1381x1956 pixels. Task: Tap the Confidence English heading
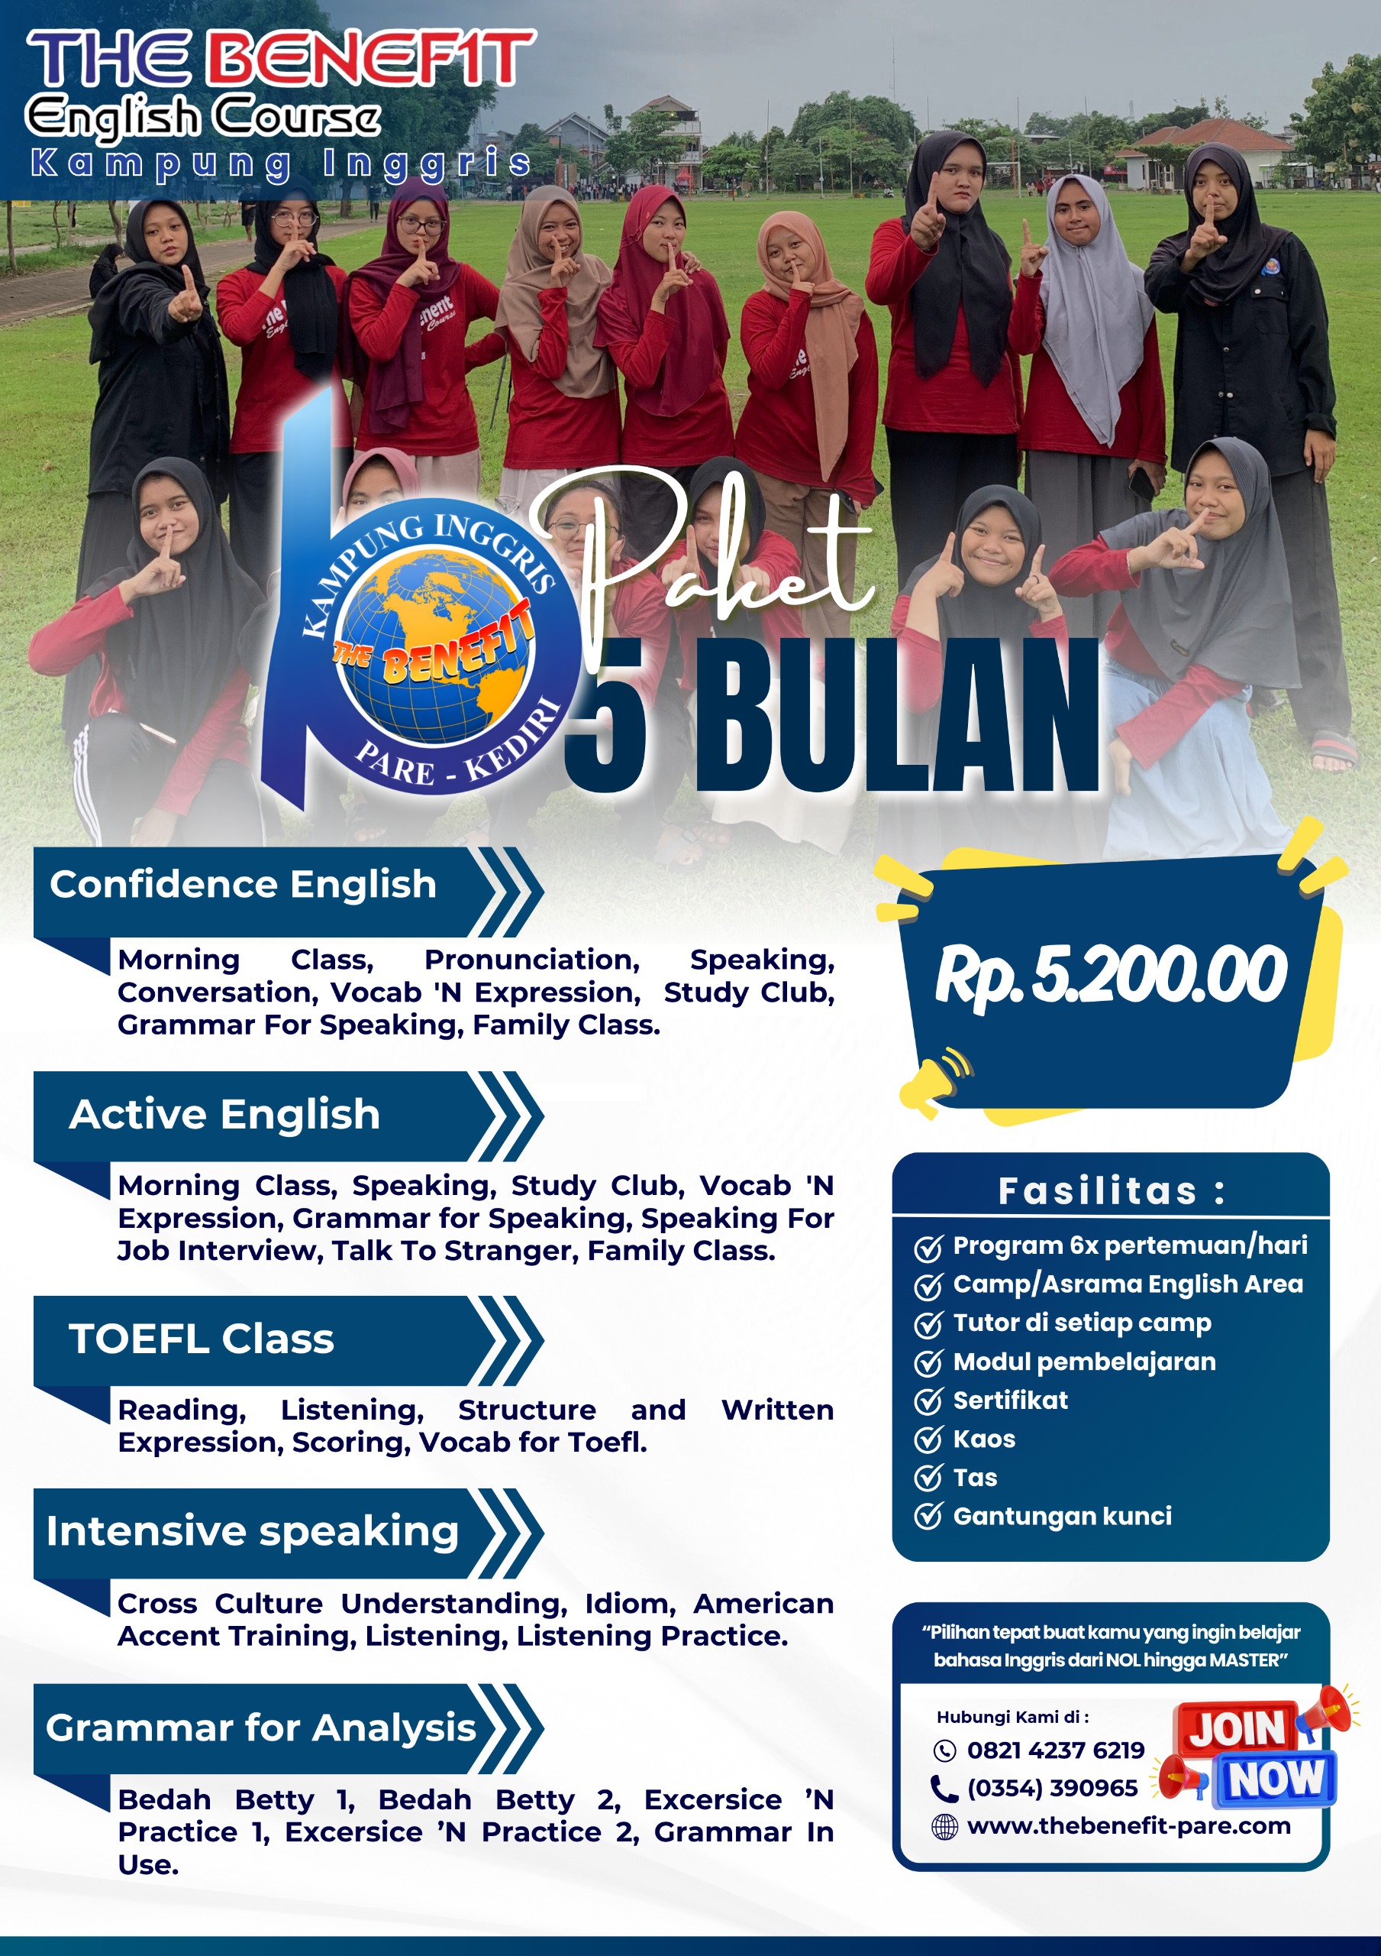pos(243,884)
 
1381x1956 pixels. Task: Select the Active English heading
pos(224,1114)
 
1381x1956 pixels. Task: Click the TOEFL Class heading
pos(202,1339)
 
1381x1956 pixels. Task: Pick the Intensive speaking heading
pos(253,1532)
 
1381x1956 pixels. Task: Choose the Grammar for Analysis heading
pos(260,1728)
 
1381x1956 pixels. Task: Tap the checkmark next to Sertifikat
pos(928,1401)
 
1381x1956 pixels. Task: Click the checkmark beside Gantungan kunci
pos(928,1517)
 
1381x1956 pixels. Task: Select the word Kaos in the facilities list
pos(984,1439)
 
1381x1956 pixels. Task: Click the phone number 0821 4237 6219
pos(1056,1750)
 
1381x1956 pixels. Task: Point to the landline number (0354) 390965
pos(1052,1788)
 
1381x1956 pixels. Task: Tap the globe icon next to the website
pos(944,1828)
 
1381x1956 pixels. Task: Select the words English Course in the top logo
pos(202,117)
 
